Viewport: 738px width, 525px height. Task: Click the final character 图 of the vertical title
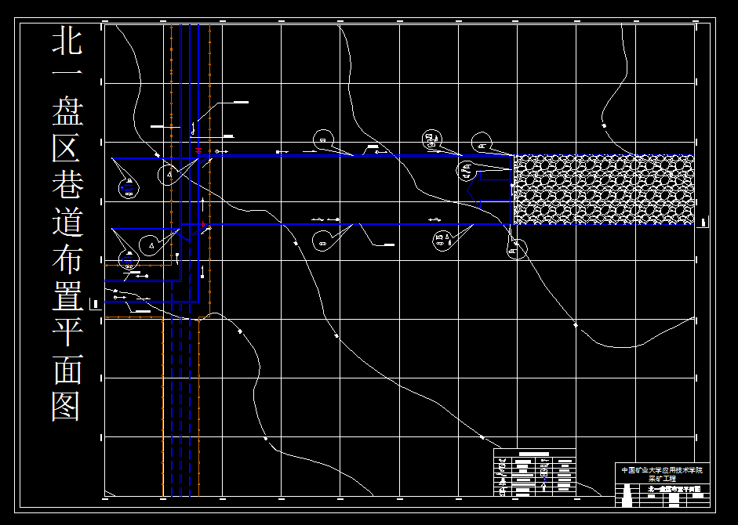[67, 405]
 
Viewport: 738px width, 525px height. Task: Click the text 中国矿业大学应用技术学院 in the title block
[661, 470]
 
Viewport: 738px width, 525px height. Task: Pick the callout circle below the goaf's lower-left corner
[514, 250]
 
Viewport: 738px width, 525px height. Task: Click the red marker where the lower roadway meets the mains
[204, 225]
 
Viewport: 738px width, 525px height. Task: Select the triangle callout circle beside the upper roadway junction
[169, 174]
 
